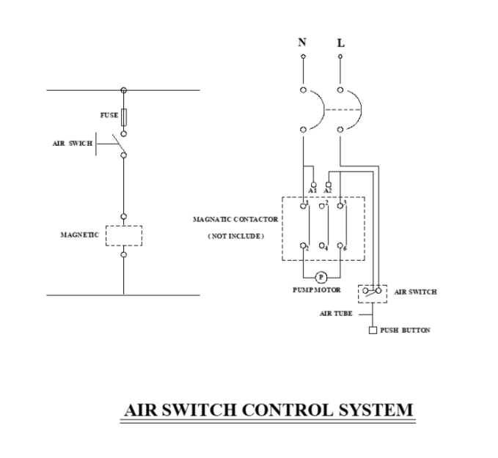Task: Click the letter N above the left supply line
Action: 302,42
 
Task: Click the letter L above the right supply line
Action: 340,43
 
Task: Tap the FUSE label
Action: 109,116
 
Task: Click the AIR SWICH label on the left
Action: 72,144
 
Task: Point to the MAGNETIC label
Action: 78,235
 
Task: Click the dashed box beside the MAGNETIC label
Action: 123,235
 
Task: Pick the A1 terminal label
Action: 312,191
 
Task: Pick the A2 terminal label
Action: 328,191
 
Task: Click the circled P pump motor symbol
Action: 320,277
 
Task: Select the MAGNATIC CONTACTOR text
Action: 235,219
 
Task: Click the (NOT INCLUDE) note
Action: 235,235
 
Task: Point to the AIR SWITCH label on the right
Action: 415,292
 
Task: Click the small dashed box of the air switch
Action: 372,292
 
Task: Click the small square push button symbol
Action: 373,330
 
